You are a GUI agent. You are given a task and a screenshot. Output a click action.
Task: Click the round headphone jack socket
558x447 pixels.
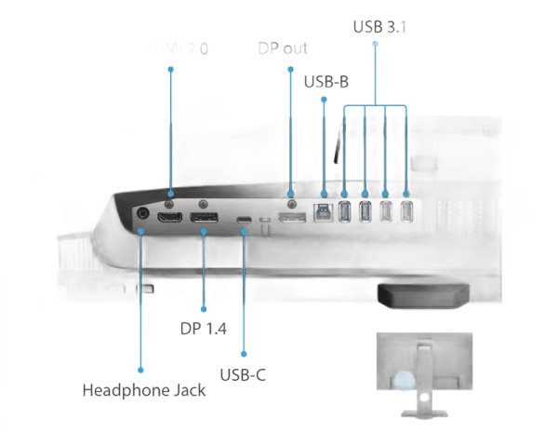(142, 213)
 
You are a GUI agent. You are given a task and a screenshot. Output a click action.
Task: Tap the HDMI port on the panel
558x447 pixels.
(169, 218)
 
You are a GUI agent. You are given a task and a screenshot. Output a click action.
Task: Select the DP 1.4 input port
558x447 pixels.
(205, 219)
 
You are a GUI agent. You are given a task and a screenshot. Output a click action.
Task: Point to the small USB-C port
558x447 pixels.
(244, 220)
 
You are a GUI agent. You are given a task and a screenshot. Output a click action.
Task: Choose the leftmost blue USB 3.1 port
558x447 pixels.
(344, 212)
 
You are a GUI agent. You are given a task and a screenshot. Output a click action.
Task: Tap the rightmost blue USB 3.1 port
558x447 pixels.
(405, 211)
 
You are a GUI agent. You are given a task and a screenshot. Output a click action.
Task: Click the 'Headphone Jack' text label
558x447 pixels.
(144, 389)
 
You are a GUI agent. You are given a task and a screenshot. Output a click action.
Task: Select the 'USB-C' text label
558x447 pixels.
(243, 374)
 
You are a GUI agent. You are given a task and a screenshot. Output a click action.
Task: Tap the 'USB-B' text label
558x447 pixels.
(326, 82)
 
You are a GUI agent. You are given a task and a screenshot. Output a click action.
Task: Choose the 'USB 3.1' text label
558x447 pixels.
(379, 25)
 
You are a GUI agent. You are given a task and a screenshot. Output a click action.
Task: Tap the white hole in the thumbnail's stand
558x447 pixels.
(423, 397)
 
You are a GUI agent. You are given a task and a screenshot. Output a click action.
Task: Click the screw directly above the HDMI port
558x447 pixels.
(168, 200)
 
